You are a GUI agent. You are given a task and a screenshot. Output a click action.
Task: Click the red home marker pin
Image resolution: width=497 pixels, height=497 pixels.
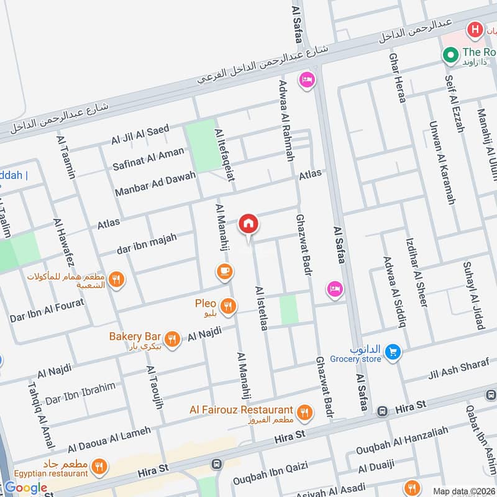point(248,224)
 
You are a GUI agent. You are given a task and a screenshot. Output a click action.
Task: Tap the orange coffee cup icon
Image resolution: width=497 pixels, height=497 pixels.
point(224,271)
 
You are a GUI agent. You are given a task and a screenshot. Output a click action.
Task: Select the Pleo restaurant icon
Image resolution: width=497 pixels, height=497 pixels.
point(229,305)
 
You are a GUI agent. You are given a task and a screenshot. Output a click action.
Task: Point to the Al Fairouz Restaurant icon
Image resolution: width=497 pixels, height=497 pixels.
point(304,411)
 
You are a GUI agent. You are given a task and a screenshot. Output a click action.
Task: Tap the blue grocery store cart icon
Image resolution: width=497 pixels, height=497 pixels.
point(392,352)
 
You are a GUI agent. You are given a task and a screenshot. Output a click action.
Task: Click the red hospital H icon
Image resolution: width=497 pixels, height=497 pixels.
point(475,29)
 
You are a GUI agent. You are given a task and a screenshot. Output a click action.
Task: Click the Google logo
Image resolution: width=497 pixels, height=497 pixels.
point(26,488)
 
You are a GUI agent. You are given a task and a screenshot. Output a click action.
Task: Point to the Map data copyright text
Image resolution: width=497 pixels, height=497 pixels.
point(463,491)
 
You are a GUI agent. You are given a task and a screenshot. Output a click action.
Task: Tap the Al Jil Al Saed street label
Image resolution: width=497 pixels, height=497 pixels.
point(140,134)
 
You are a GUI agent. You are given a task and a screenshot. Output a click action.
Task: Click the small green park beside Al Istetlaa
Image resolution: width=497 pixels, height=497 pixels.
point(289,309)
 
